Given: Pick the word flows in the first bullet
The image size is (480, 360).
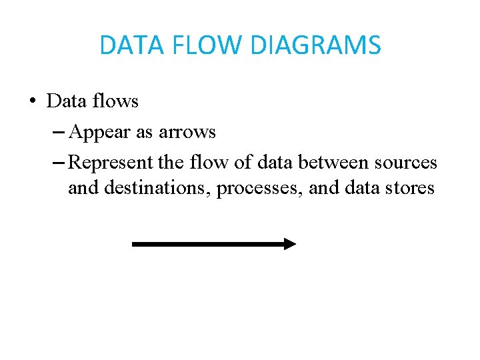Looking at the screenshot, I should point(115,101).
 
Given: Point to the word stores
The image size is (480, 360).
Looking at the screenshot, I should point(409,189).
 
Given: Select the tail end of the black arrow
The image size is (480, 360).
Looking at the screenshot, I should point(135,244).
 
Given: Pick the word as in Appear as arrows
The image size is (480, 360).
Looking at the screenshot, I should point(144,133).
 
